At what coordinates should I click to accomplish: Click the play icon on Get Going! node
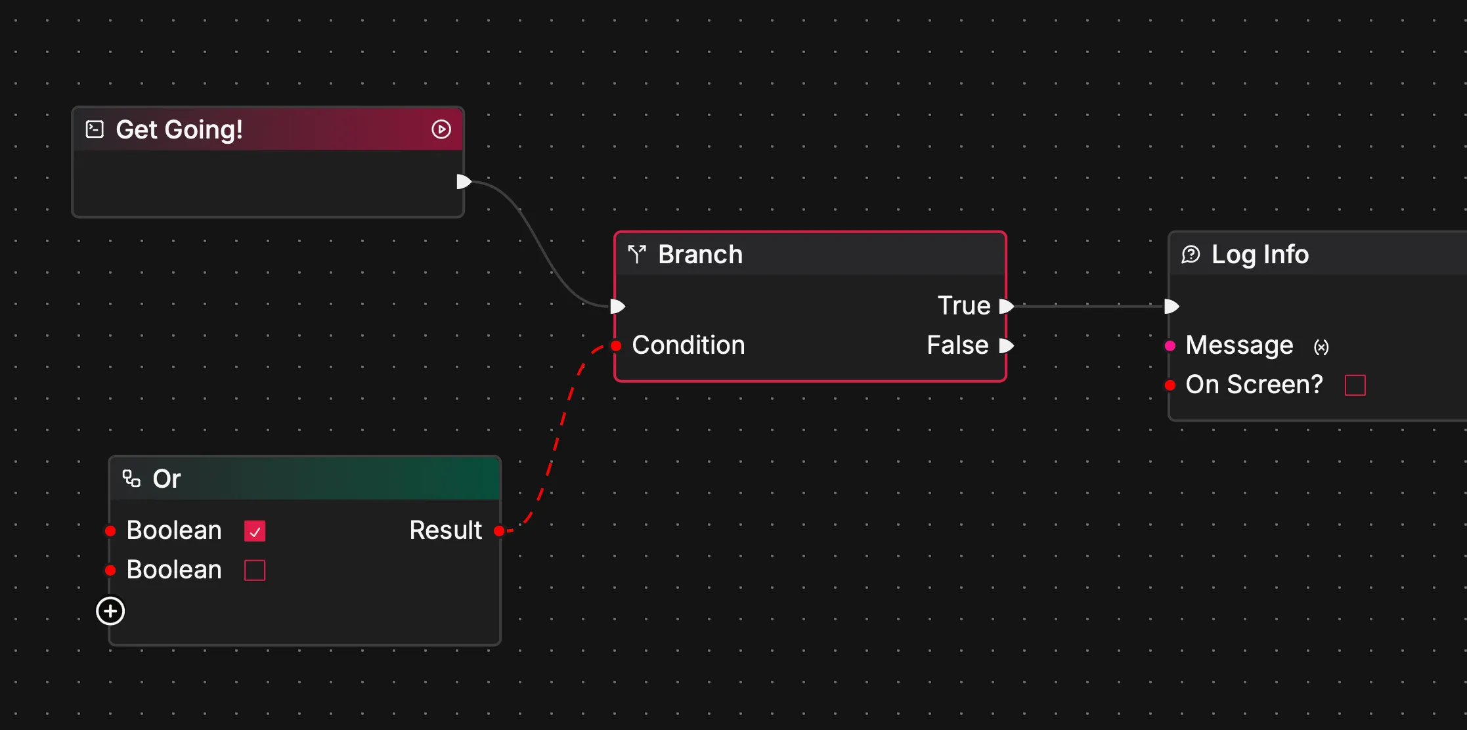tap(441, 129)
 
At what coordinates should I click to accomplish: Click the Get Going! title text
tap(179, 129)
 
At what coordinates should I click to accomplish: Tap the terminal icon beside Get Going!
tap(95, 129)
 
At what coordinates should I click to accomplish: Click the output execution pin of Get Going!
tap(464, 182)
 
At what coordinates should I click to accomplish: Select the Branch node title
tap(700, 255)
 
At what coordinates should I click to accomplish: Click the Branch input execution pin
tap(617, 306)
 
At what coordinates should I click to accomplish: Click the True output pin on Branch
tap(1006, 306)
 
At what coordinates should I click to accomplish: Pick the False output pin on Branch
tap(1006, 345)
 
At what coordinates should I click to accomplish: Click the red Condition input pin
tap(616, 345)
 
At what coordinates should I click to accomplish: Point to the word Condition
tap(688, 345)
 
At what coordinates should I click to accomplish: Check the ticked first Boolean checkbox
tap(255, 530)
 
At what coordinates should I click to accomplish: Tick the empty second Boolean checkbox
tap(255, 570)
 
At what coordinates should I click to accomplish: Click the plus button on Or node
tap(110, 611)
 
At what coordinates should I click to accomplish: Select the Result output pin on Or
tap(499, 530)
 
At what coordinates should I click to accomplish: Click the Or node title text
tap(167, 479)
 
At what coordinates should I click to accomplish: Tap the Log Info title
tap(1259, 255)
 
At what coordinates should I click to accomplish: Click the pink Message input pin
tap(1170, 345)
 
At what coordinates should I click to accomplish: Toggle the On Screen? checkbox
tap(1355, 385)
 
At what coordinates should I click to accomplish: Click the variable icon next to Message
tap(1321, 347)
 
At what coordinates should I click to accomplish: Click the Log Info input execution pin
tap(1171, 306)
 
